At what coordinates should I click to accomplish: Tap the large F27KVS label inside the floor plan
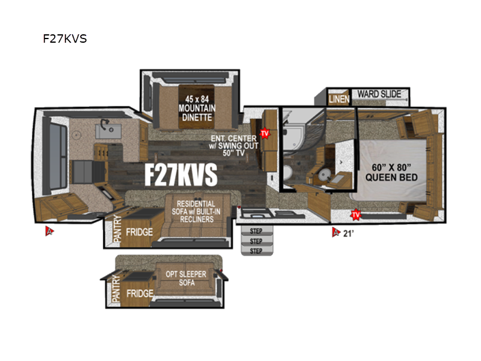click(180, 175)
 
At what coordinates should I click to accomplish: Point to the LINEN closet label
click(339, 99)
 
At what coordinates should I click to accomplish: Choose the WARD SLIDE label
click(379, 94)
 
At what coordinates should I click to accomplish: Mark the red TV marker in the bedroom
click(356, 214)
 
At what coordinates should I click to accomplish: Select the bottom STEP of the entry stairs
click(257, 250)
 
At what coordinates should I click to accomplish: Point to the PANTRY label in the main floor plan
click(117, 230)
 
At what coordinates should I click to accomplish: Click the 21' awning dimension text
click(348, 233)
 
